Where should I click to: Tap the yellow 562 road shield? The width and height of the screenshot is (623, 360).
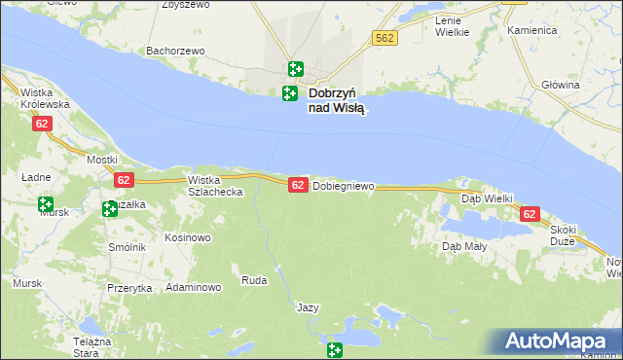[x=383, y=38]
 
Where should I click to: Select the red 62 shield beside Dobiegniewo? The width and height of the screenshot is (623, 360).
[x=298, y=185]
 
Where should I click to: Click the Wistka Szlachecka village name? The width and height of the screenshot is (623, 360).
[x=215, y=186]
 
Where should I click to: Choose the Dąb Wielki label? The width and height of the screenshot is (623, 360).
[x=487, y=198]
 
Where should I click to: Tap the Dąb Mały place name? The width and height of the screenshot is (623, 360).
[x=464, y=246]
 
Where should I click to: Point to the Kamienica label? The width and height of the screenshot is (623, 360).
[x=531, y=30]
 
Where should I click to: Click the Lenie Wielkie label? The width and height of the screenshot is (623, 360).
[x=452, y=26]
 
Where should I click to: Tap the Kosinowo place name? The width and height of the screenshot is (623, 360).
[x=188, y=237]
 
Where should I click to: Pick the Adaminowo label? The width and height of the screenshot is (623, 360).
[x=194, y=288]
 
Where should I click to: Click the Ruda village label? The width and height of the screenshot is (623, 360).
[x=253, y=281]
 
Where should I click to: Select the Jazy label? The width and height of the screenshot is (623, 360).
[x=308, y=307]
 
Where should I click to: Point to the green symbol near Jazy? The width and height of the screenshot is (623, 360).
[x=335, y=350]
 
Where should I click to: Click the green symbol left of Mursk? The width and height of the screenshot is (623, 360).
[x=45, y=204]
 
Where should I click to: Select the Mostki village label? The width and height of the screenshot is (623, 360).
[x=102, y=159]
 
